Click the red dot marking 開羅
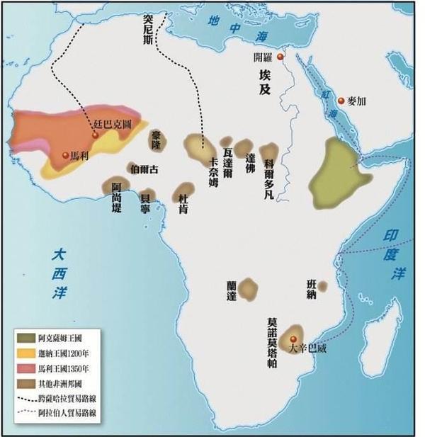[x=280, y=57]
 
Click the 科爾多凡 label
[x=269, y=181]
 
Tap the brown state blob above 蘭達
[x=248, y=288]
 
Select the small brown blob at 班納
[x=322, y=286]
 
